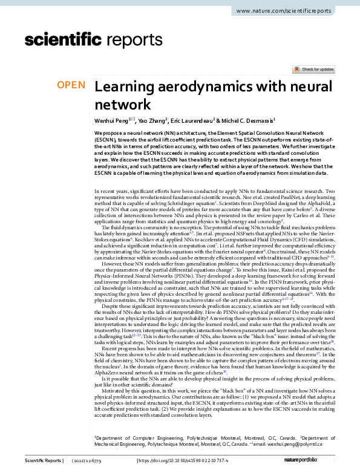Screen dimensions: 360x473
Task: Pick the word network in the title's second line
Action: [122, 103]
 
